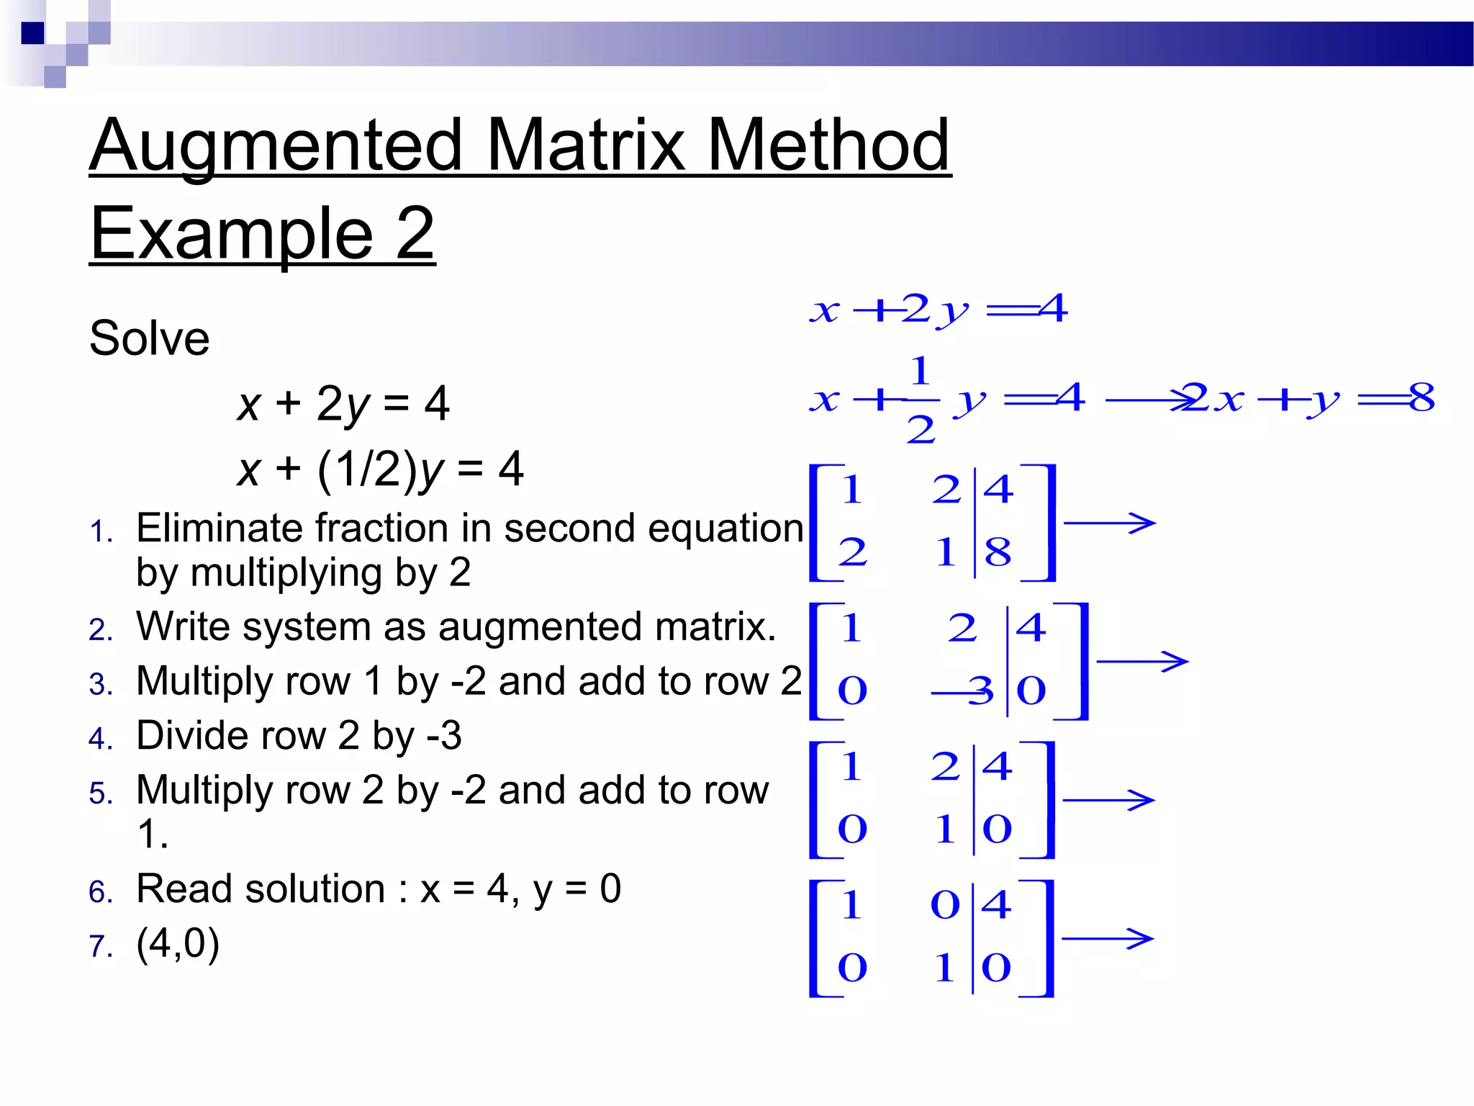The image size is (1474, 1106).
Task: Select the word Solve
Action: coord(149,338)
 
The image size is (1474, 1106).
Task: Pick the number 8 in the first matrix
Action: coord(998,553)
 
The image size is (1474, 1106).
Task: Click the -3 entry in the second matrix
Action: coord(964,691)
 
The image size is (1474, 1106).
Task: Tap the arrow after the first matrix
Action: coord(1109,523)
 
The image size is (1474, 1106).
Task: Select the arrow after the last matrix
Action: coord(1108,938)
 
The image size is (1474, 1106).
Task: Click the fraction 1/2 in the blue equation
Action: coord(921,400)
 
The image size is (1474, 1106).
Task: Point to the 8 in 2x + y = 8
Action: coord(1421,397)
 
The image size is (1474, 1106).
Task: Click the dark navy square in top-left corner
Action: coord(32,33)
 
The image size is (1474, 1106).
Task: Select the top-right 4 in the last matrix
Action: coord(997,904)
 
